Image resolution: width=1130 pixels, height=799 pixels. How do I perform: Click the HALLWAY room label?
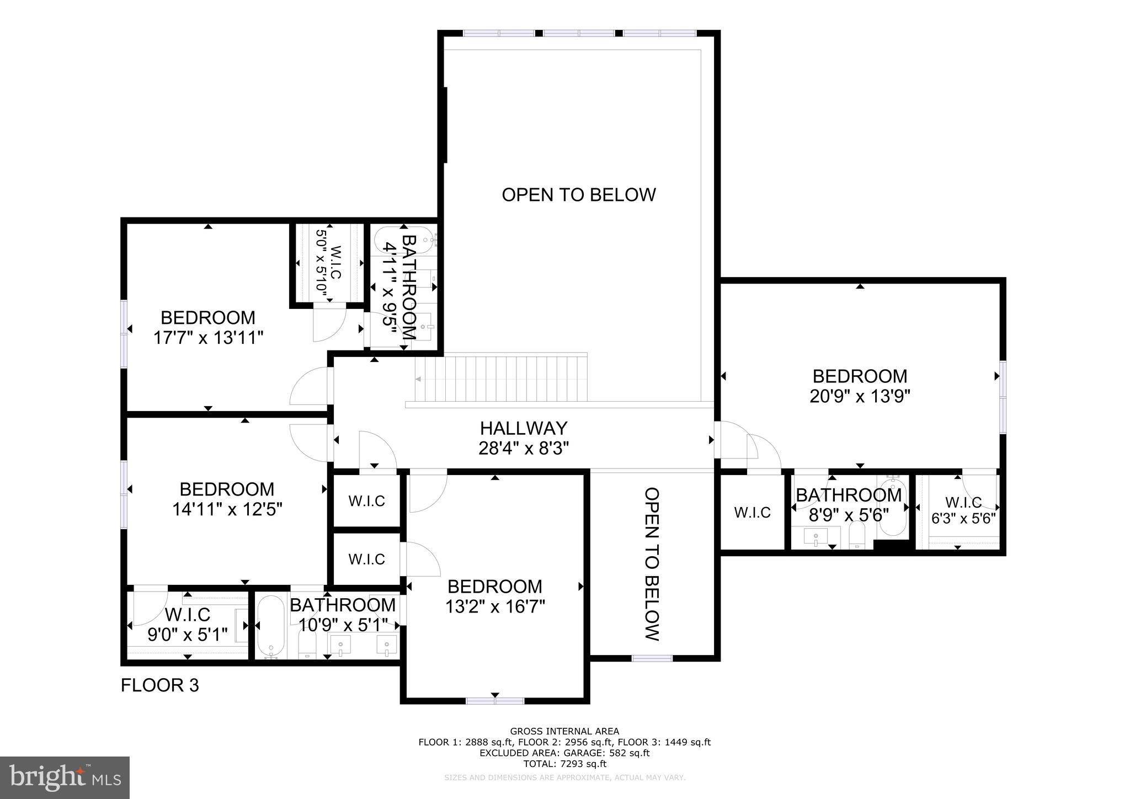(x=523, y=428)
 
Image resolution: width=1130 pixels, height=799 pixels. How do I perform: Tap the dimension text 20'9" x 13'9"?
(x=859, y=396)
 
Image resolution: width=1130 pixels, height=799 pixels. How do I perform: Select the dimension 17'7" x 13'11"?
(x=208, y=338)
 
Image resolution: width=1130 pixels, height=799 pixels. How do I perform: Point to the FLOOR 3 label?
(x=160, y=685)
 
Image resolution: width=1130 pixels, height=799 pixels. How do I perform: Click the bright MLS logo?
(x=65, y=777)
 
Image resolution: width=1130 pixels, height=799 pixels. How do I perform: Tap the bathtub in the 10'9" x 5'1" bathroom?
(x=270, y=626)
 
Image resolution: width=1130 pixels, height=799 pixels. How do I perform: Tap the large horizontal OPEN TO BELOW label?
(x=578, y=195)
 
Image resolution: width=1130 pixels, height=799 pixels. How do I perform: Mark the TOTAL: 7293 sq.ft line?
(x=564, y=764)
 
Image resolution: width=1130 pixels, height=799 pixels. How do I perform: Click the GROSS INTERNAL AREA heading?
(x=564, y=732)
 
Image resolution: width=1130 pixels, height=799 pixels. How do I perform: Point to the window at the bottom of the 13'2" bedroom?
(x=495, y=701)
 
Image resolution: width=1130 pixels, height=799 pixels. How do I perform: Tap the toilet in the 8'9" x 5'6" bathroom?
(x=857, y=535)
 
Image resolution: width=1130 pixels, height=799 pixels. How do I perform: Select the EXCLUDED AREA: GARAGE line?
(x=564, y=753)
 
